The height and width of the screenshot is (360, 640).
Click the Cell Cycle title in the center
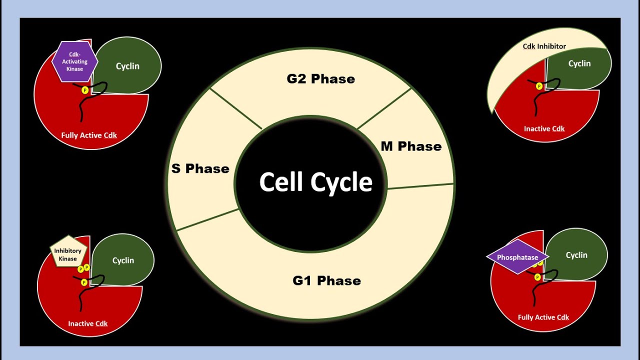point(315,182)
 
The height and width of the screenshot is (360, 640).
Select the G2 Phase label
point(320,79)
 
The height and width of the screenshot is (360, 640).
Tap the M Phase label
point(411,146)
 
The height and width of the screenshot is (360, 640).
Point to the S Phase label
point(200,169)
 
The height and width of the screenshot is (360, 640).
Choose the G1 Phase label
point(326,281)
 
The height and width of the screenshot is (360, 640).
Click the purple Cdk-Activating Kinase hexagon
point(75,61)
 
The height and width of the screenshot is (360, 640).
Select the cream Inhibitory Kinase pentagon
point(68,252)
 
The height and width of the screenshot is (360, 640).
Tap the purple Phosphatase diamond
point(517,257)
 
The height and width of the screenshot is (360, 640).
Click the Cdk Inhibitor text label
point(544,46)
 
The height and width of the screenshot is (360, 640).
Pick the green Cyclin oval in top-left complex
point(128,66)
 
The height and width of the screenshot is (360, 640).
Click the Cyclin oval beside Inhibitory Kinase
point(123,260)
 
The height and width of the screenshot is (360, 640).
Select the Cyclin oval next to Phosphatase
point(576,255)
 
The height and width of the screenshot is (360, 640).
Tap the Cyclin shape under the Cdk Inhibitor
point(579,64)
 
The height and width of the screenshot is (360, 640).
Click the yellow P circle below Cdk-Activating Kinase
point(84,90)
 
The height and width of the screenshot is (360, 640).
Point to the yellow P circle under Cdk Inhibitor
point(539,86)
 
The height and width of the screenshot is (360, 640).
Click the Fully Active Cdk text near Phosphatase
point(543,317)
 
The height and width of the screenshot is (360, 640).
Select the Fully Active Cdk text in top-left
point(89,135)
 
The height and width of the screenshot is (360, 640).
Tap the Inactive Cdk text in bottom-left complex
point(88,323)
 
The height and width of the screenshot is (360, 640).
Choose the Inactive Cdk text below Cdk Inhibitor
point(544,129)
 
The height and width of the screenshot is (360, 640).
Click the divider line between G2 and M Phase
point(384,109)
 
